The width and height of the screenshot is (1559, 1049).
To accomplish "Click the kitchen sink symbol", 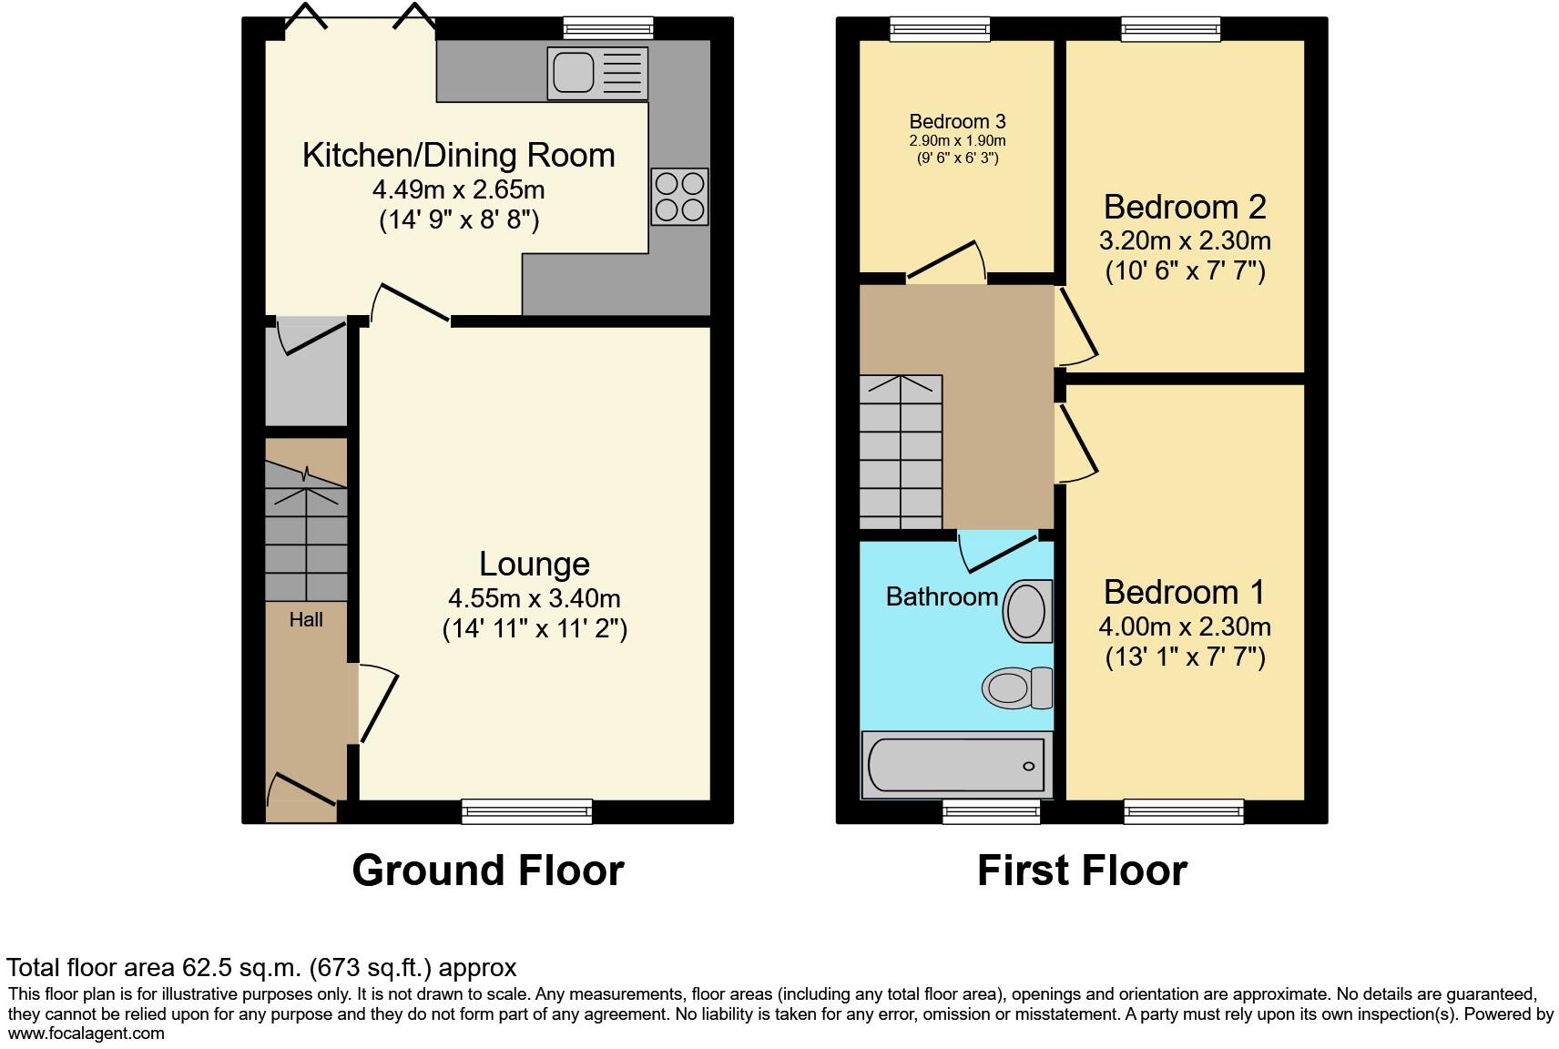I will pyautogui.click(x=596, y=73).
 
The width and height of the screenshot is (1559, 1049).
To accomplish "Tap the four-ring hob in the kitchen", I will pyautogui.click(x=679, y=197).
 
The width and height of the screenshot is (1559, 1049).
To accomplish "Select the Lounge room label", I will pyautogui.click(x=535, y=564).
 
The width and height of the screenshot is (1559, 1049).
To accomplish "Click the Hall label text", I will pyautogui.click(x=306, y=620).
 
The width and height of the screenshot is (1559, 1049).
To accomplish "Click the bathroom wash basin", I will pyautogui.click(x=1027, y=611).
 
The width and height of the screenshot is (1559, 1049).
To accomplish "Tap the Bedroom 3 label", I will pyautogui.click(x=957, y=121).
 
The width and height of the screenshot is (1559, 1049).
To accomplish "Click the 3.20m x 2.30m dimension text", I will pyautogui.click(x=1185, y=241).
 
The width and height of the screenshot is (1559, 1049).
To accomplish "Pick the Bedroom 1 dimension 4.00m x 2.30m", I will pyautogui.click(x=1185, y=627).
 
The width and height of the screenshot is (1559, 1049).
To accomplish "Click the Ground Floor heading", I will pyautogui.click(x=487, y=871).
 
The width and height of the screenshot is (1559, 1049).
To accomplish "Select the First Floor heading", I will pyautogui.click(x=1082, y=871).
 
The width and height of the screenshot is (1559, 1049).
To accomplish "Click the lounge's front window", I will pyautogui.click(x=526, y=810).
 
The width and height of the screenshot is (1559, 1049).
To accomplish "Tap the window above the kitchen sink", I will pyautogui.click(x=607, y=28).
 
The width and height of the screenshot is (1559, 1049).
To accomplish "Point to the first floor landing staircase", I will pyautogui.click(x=901, y=452).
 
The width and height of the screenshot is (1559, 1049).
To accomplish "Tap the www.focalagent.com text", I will pyautogui.click(x=87, y=1034).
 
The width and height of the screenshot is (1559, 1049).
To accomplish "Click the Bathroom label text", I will pyautogui.click(x=942, y=596).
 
